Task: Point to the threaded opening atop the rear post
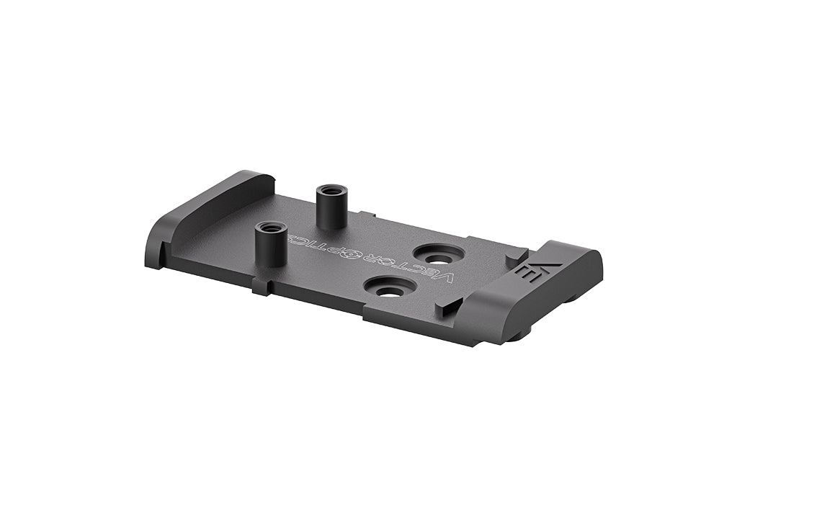[331, 190]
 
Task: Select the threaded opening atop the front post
[270, 227]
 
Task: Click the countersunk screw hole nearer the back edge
[437, 256]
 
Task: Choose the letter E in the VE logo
[530, 275]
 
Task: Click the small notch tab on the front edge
[262, 288]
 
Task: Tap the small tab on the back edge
[367, 214]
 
